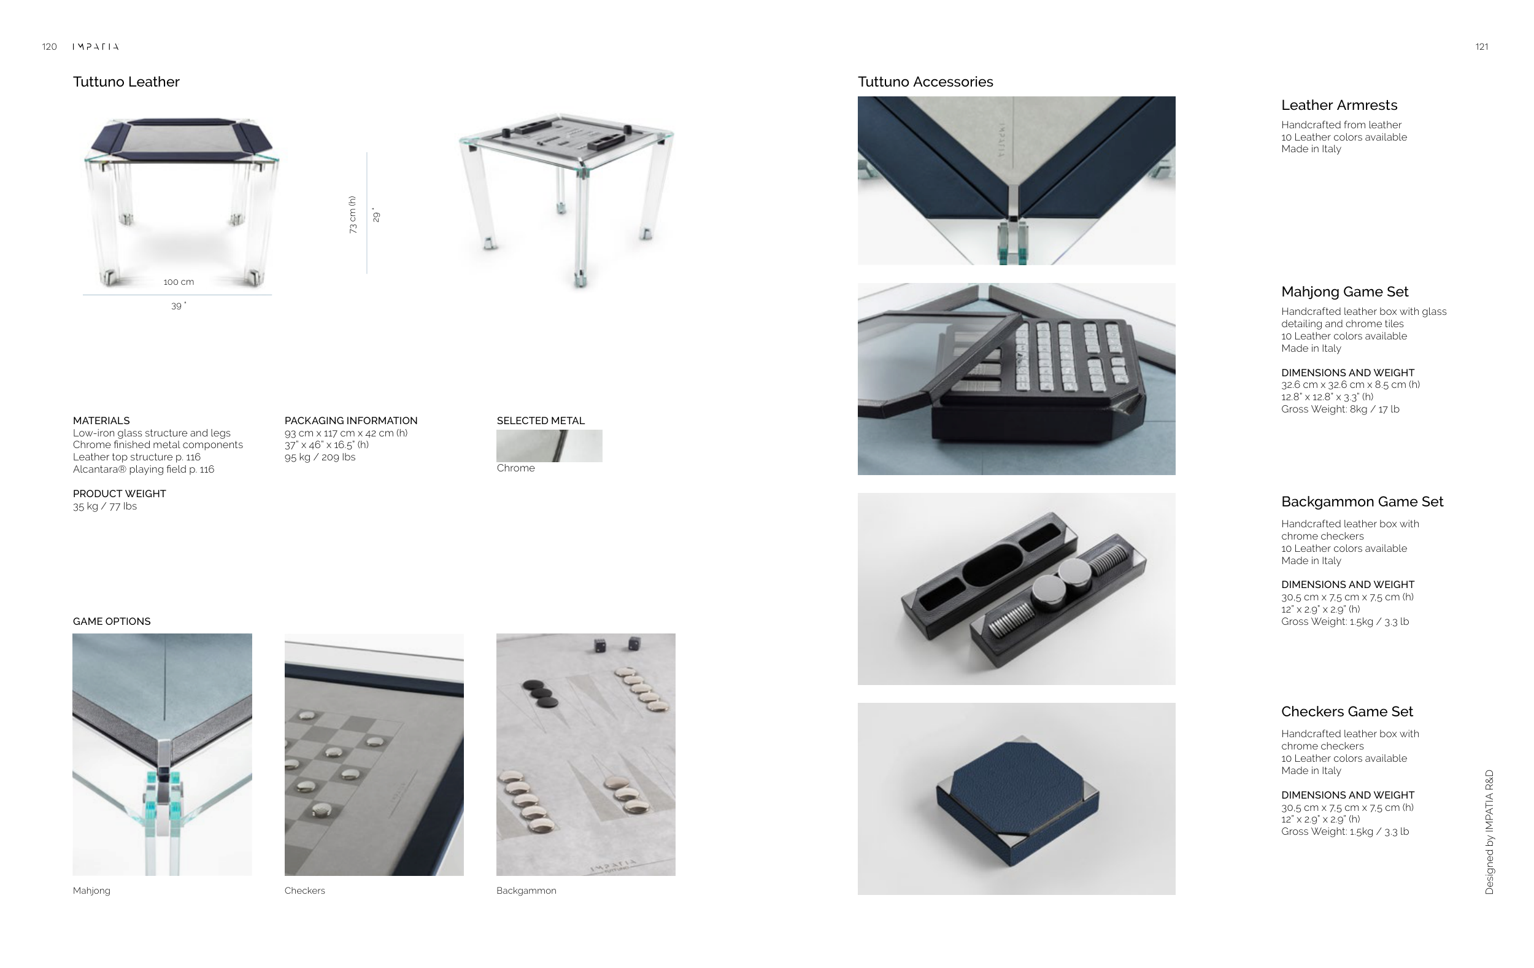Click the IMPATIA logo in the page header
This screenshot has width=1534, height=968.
coord(96,47)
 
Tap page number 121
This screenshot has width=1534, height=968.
coord(1482,47)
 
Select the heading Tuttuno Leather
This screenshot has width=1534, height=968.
coord(126,82)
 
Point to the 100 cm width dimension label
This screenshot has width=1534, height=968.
coord(179,282)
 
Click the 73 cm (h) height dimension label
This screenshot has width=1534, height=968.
coord(352,215)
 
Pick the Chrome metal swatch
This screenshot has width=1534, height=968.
coord(549,446)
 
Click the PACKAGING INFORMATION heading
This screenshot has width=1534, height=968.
coord(351,420)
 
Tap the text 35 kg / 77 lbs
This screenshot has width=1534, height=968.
coord(104,506)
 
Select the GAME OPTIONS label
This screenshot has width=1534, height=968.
coord(112,621)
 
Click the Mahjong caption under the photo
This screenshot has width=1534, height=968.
coord(91,890)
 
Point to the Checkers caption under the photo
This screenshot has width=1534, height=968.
coord(304,890)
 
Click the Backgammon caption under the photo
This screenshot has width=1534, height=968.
coord(526,890)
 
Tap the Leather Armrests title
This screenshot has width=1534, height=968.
coord(1339,105)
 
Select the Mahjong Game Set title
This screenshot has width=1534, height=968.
coord(1345,292)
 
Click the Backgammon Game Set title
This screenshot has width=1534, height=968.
coord(1362,501)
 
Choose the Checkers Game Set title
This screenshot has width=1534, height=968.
coord(1347,711)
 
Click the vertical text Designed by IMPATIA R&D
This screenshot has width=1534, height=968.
coord(1489,832)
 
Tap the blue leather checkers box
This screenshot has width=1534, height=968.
coord(1017,802)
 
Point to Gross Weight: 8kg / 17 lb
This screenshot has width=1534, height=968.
coord(1340,409)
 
